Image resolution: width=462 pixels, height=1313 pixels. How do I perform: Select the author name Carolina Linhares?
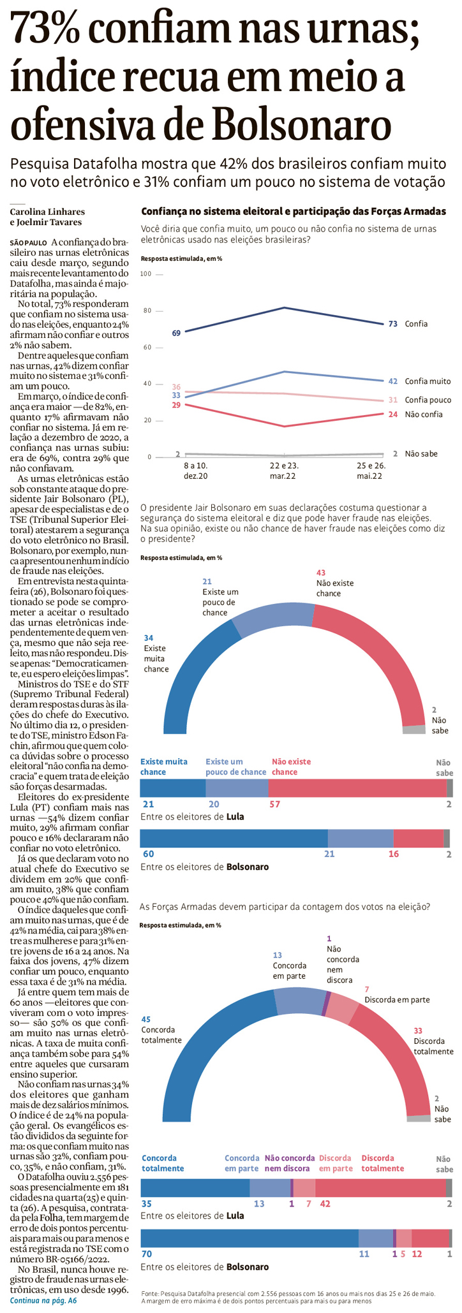47,212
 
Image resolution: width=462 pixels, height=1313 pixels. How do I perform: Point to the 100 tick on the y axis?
145,274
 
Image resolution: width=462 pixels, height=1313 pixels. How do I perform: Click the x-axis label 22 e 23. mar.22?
283,471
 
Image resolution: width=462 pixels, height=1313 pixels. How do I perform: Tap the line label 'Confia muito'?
428,381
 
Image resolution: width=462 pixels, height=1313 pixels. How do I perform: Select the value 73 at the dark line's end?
393,324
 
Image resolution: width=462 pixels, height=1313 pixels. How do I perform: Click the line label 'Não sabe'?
421,453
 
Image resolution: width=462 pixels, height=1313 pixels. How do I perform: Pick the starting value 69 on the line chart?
176,333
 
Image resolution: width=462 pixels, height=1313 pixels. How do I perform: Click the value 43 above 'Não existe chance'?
321,573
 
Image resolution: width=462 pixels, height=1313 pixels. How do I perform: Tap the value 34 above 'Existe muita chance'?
149,638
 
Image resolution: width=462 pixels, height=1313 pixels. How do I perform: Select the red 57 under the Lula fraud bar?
274,804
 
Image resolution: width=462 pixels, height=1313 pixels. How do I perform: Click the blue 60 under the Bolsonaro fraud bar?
147,853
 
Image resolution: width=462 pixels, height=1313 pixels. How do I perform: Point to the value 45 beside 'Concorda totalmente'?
146,1018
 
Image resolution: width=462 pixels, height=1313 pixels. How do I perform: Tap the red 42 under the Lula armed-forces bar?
325,1203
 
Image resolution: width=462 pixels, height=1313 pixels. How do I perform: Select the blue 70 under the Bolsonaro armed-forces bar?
146,1254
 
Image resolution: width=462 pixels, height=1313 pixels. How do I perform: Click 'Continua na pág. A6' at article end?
43,1300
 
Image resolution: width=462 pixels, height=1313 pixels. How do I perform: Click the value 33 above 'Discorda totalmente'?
418,1031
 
